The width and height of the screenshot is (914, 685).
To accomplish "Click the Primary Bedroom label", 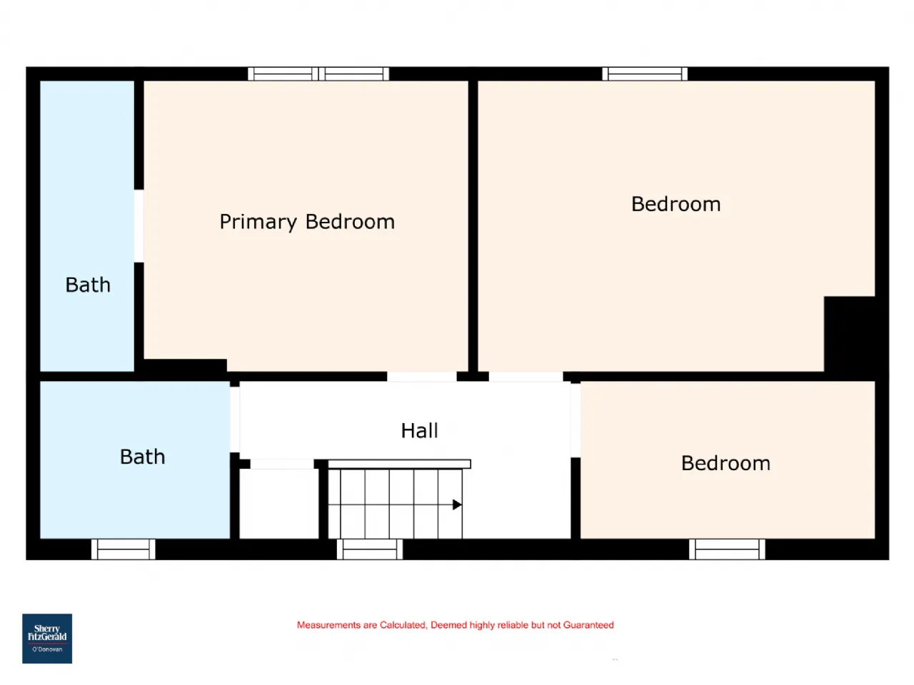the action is (x=307, y=222).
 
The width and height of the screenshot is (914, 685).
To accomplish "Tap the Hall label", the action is (x=419, y=430).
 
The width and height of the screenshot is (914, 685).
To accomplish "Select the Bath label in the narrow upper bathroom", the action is (x=88, y=285).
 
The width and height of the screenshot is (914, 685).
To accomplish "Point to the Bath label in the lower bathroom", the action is (x=142, y=457).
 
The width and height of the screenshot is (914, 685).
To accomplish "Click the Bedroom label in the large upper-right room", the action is (x=676, y=204).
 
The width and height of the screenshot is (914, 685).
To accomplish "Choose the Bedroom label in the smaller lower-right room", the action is (x=725, y=463).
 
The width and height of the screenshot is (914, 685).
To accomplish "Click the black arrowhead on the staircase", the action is (x=457, y=504).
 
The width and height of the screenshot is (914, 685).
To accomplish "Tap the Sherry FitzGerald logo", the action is (x=47, y=639).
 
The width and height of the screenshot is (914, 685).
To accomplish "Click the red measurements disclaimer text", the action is (x=455, y=624).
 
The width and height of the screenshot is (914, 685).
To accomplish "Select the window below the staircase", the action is (x=370, y=549).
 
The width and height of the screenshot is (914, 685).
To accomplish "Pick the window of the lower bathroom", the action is (x=124, y=549).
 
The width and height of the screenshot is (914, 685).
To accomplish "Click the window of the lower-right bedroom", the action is (x=727, y=549).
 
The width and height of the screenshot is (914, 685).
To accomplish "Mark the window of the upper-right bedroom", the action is (x=645, y=73).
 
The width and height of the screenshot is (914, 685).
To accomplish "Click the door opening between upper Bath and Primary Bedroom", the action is (x=139, y=226).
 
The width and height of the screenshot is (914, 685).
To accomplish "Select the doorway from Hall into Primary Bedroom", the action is (x=422, y=377).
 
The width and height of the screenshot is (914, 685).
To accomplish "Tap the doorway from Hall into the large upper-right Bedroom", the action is (x=526, y=377).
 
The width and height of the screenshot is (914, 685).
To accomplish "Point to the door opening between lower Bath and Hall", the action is (x=235, y=420).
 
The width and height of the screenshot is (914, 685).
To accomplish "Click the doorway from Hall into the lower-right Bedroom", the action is (x=576, y=420).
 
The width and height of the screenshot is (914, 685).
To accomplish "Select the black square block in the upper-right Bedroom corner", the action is (x=850, y=334).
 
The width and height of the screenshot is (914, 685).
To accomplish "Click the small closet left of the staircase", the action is (x=279, y=504).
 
